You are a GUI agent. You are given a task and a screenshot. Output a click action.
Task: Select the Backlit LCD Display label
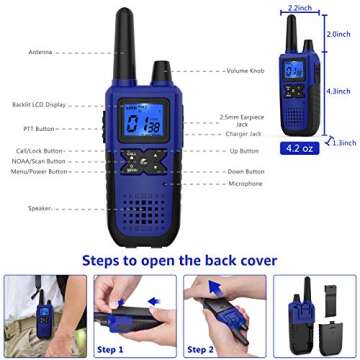click(41, 104)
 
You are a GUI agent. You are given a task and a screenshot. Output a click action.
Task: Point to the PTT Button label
click(39, 129)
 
